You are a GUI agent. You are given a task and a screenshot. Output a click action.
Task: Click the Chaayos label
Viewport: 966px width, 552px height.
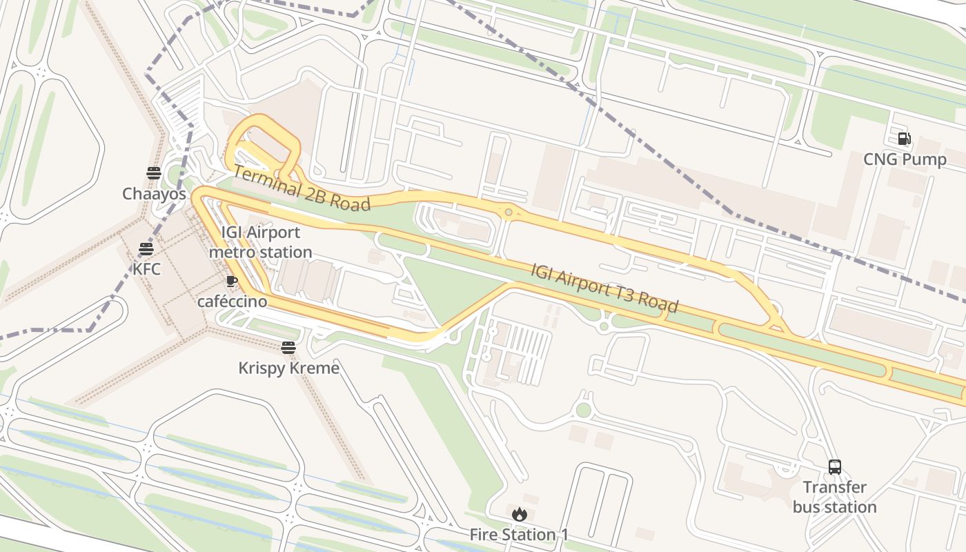(x=155, y=194)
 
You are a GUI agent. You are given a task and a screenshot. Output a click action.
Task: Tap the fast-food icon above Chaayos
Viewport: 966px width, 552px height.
(x=154, y=173)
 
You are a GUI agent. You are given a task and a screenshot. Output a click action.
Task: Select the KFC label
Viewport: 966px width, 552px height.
(x=146, y=268)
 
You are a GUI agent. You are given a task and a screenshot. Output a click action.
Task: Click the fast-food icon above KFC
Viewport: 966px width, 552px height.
(x=146, y=248)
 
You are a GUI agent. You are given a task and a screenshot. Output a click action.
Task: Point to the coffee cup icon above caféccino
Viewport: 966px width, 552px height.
(x=232, y=281)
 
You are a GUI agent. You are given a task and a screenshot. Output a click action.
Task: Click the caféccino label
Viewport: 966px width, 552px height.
(x=232, y=302)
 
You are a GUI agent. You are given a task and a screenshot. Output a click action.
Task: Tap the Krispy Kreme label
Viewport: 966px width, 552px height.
(x=288, y=368)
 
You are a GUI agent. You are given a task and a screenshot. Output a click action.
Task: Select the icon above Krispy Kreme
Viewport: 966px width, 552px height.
(x=288, y=348)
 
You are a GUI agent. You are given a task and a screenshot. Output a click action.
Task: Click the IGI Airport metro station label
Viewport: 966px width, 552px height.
(x=260, y=242)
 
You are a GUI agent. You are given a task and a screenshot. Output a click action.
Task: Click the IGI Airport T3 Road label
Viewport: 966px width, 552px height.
(x=604, y=288)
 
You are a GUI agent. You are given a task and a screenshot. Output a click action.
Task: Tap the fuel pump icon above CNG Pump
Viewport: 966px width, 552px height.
(x=905, y=139)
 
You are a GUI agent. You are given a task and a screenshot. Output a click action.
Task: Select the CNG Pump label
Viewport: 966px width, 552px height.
(x=905, y=160)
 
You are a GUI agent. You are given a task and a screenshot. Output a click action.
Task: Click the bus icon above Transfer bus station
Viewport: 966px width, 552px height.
(x=835, y=467)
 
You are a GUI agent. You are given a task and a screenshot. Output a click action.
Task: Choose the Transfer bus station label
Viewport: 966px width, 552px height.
(x=834, y=497)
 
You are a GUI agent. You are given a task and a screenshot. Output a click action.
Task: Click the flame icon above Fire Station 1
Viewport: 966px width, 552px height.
(x=520, y=514)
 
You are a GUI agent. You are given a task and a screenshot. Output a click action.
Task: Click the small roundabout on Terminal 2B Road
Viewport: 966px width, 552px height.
(x=509, y=213)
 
